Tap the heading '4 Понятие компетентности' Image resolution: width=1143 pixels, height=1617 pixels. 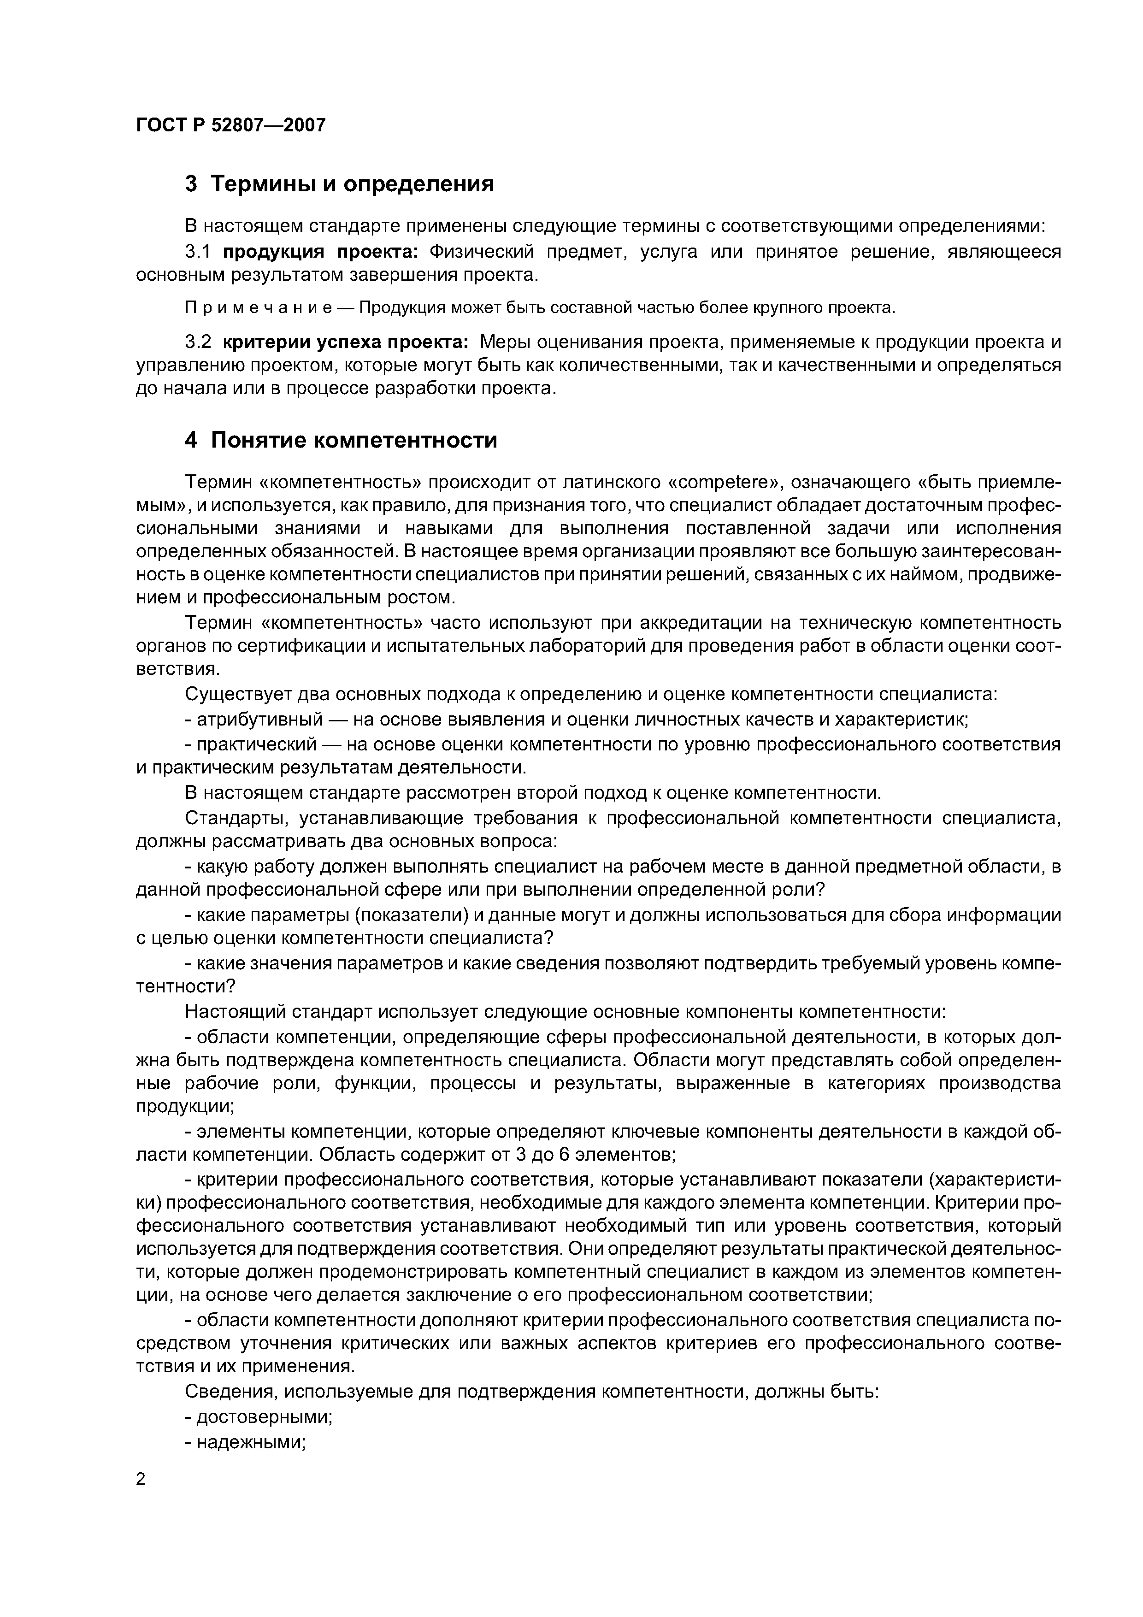click(341, 440)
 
